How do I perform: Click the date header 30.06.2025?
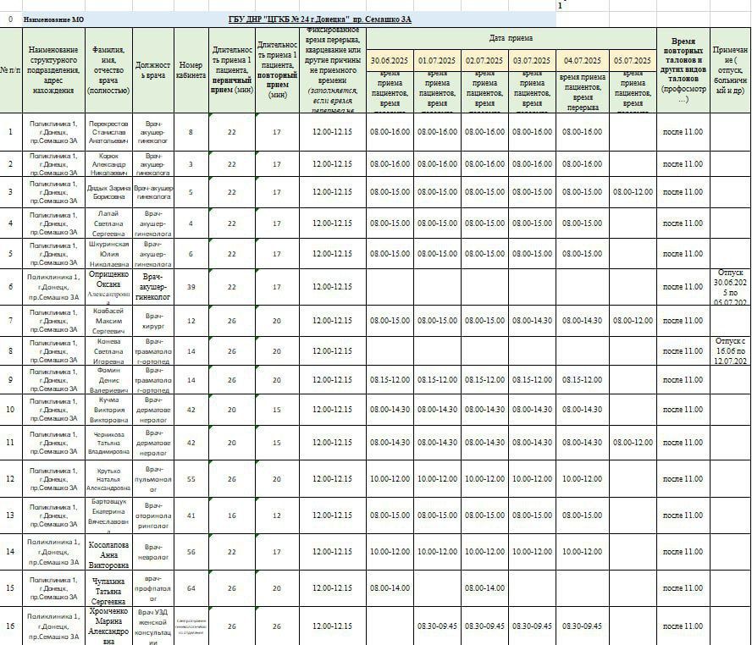click(390, 61)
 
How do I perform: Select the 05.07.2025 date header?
click(633, 61)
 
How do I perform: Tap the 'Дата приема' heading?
click(511, 38)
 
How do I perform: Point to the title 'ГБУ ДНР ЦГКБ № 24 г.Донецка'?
click(320, 19)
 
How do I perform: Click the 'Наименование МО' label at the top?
click(53, 19)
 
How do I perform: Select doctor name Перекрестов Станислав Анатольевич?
click(108, 132)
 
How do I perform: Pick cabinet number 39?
click(191, 287)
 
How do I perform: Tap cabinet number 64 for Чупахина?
click(191, 587)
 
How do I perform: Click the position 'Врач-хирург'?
click(153, 321)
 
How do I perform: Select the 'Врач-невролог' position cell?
click(153, 552)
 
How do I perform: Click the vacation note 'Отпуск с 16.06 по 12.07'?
click(729, 351)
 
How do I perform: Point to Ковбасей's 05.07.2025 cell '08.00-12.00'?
click(633, 321)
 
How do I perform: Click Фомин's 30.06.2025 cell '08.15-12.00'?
click(390, 380)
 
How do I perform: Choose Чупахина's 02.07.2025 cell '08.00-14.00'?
click(484, 587)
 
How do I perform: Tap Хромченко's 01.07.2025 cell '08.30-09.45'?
click(437, 626)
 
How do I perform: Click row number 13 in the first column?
click(10, 515)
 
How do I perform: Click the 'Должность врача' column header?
click(153, 70)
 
